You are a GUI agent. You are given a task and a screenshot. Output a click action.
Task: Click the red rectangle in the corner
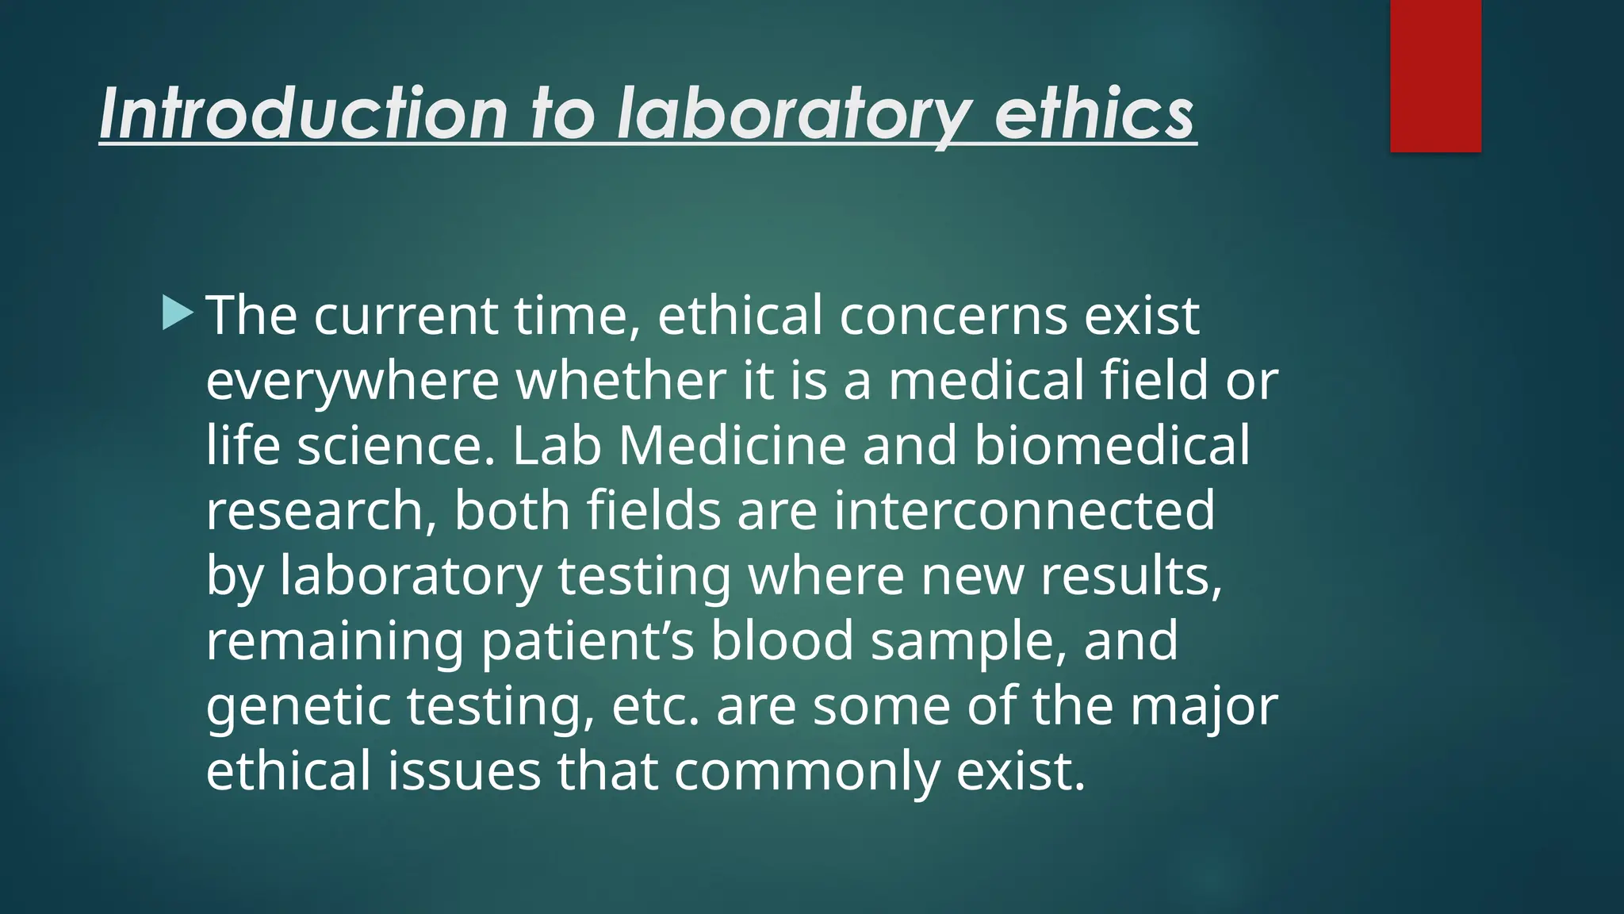click(1435, 76)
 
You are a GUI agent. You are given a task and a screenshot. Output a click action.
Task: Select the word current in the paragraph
click(405, 316)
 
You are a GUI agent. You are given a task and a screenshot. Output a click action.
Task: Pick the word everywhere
click(352, 381)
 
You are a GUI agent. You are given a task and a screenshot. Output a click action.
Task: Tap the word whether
click(621, 381)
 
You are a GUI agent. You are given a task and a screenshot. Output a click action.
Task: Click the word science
click(396, 446)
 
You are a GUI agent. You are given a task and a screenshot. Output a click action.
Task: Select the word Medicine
click(732, 446)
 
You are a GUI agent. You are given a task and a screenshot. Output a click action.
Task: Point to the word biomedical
click(1112, 446)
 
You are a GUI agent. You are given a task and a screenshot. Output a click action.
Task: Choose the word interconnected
click(1024, 511)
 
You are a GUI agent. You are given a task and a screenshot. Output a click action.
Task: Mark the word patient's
click(588, 641)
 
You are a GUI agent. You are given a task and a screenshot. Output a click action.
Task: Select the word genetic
click(298, 706)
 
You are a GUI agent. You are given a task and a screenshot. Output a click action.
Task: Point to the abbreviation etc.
click(656, 706)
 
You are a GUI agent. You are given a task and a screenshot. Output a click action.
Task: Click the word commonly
click(806, 771)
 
